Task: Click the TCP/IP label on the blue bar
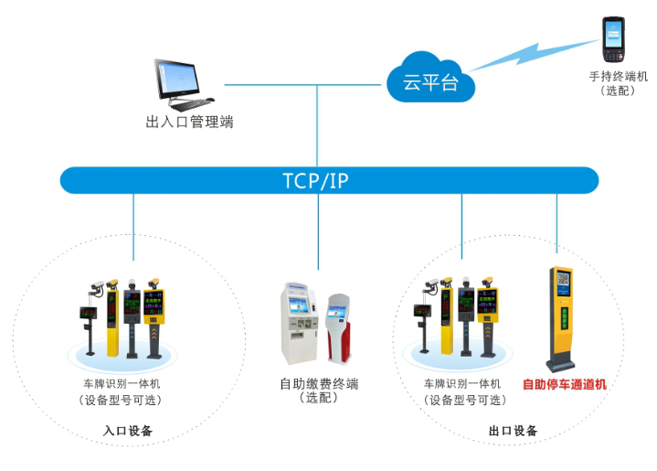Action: (x=315, y=180)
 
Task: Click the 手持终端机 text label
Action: (x=619, y=77)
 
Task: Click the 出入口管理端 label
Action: (x=189, y=122)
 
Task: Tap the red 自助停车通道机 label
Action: (x=564, y=384)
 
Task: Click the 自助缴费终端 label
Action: (x=319, y=383)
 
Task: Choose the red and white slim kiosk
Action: (x=338, y=327)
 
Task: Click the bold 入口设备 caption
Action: (x=128, y=431)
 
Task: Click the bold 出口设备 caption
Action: (x=513, y=431)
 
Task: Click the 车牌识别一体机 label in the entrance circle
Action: (x=122, y=384)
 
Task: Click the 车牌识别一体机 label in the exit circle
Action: (x=462, y=384)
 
